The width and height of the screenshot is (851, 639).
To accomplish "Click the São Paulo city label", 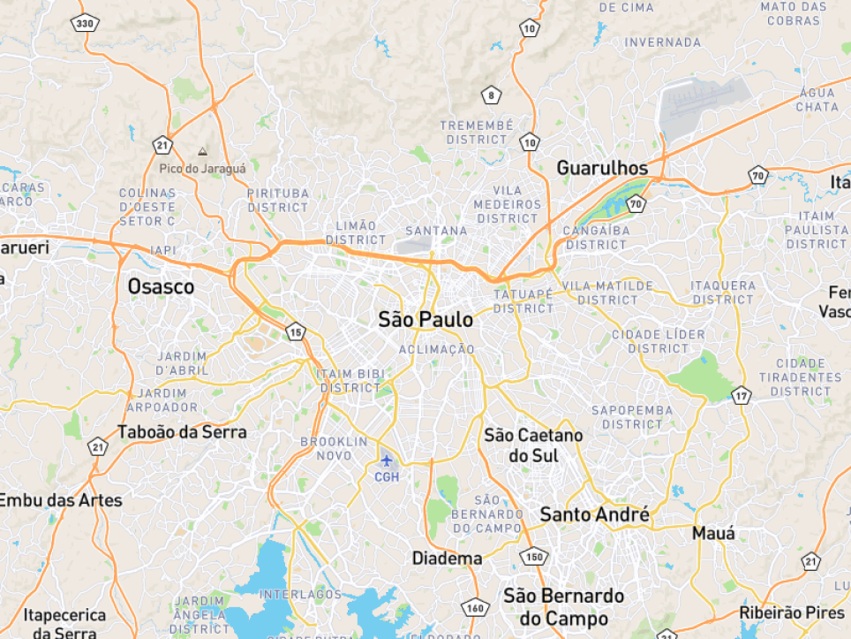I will tap(425, 320).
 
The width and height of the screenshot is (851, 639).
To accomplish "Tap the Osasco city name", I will tap(161, 286).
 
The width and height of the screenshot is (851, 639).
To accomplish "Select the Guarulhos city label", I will tap(602, 168).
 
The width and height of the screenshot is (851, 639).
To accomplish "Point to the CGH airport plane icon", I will tap(387, 460).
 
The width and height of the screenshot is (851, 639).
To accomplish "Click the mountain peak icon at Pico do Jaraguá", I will tap(203, 152).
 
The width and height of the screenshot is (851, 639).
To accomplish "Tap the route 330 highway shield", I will tap(85, 23).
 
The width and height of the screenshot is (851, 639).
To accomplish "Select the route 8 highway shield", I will tap(491, 95).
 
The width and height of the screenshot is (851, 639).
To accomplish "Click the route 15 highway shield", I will tap(296, 332).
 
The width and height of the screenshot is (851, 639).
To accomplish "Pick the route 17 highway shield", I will tap(741, 396).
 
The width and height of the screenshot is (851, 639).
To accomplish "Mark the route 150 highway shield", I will tap(534, 557).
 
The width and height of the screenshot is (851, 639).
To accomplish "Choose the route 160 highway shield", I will tap(476, 607).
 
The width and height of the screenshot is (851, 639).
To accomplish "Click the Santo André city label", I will tap(594, 514).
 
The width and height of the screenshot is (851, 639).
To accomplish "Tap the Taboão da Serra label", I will tap(182, 433).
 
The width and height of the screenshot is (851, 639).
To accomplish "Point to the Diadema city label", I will tap(448, 559).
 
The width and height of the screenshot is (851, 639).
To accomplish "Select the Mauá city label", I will tap(713, 534).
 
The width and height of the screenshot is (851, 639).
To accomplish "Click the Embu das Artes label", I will tap(60, 500).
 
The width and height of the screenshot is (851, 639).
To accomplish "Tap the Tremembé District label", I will tap(477, 133).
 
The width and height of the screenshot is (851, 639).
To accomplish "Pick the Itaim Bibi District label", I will tap(350, 381).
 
